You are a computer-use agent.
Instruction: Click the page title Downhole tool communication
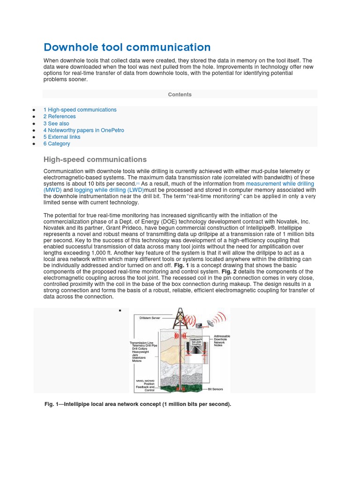[x=127, y=47]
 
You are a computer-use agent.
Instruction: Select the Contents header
[x=180, y=95]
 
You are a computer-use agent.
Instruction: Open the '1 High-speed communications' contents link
[x=80, y=110]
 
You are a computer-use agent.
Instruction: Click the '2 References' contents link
[x=60, y=117]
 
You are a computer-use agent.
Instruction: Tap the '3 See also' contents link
[x=56, y=124]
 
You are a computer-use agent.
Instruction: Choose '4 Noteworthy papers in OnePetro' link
[x=83, y=130]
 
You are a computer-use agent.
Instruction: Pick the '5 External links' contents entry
[x=62, y=137]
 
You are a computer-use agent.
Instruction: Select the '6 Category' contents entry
[x=57, y=144]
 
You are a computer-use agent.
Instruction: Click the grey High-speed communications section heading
[x=95, y=159]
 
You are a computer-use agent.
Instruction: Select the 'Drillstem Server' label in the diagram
[x=150, y=318]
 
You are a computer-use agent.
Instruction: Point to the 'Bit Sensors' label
[x=215, y=389]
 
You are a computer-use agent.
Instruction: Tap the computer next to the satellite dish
[x=199, y=325]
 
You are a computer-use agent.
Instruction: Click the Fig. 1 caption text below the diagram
[x=138, y=404]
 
